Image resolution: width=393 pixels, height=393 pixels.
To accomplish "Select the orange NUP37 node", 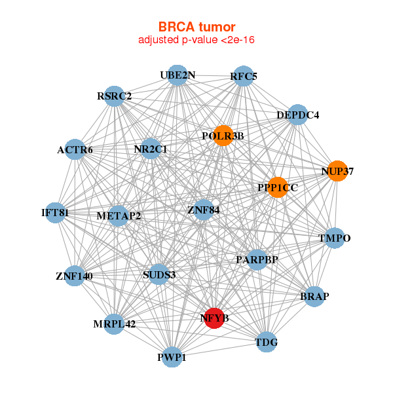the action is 337,171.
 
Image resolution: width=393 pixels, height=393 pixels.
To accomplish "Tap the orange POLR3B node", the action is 223,136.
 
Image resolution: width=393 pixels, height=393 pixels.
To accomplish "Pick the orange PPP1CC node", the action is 278,187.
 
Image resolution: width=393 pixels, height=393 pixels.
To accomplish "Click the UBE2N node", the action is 178,75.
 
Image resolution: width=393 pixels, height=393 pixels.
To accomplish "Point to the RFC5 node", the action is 244,76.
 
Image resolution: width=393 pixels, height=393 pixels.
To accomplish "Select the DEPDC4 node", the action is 297,115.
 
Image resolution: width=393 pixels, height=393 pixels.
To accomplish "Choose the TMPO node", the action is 335,238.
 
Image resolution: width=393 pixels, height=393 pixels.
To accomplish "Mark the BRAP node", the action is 314,296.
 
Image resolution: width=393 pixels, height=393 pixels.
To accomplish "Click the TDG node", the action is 266,342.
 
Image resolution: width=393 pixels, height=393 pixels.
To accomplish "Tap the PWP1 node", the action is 172,357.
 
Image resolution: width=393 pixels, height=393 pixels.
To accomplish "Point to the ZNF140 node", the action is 74,276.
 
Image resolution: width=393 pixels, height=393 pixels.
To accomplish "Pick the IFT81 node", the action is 55,213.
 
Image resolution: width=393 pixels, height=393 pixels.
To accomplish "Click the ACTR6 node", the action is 75,150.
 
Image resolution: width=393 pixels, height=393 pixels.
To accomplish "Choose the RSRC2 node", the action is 115,96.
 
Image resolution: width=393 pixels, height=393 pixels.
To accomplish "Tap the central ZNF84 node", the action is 204,210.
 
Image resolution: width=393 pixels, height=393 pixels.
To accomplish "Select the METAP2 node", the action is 119,215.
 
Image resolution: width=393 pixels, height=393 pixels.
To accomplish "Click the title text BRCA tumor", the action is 196,27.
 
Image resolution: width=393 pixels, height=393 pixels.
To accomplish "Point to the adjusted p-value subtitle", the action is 196,40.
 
